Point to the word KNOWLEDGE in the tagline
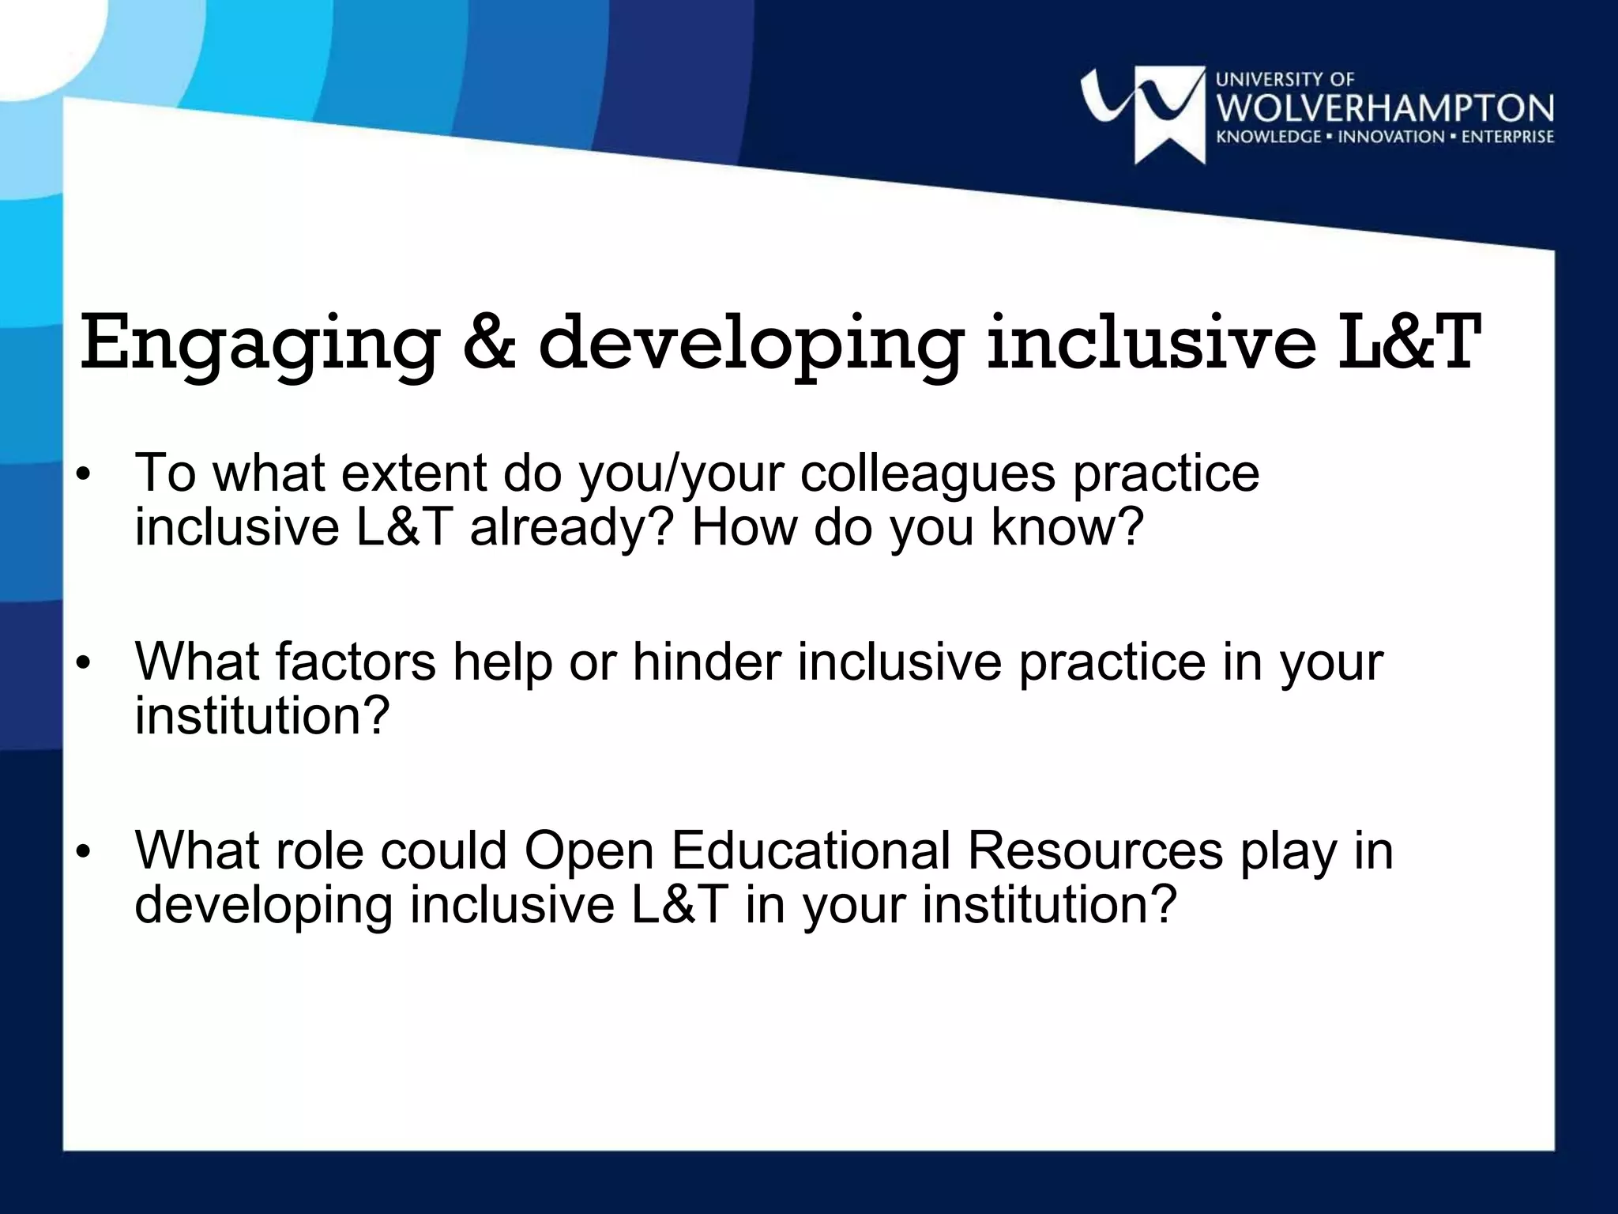[1269, 137]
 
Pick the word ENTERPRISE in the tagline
[1507, 137]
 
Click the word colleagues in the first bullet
[928, 473]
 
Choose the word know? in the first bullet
[1067, 527]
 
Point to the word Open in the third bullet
[589, 851]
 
